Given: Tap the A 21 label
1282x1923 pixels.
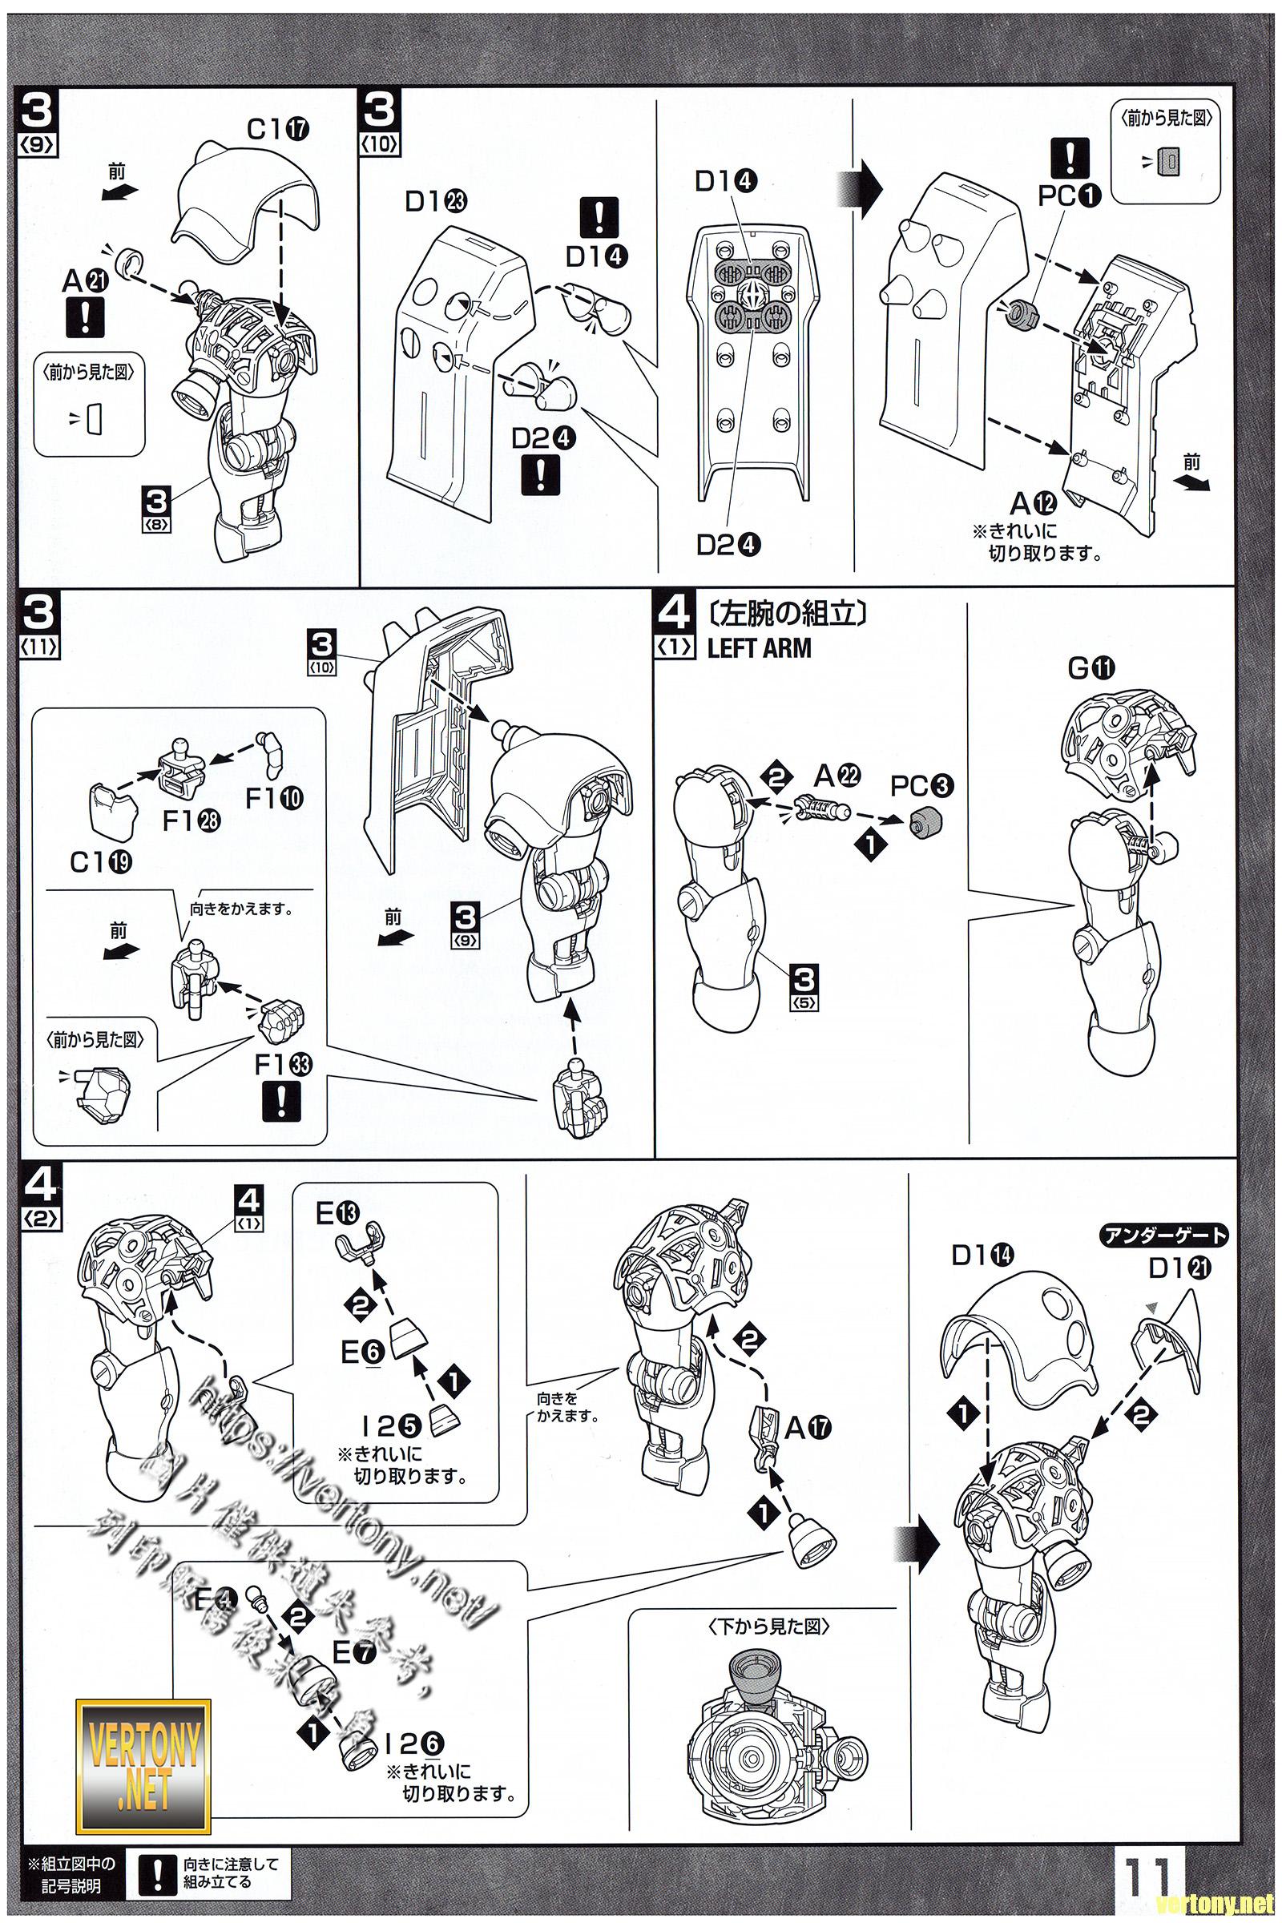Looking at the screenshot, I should click(x=85, y=282).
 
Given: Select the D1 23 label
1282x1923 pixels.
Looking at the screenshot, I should click(x=435, y=201).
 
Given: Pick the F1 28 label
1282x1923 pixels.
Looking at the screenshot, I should click(x=191, y=820).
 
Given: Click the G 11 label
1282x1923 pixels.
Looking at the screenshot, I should click(x=1091, y=668).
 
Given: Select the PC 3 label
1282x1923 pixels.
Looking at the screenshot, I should click(x=922, y=786).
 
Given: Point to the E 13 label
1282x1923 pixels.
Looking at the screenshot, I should click(x=337, y=1214).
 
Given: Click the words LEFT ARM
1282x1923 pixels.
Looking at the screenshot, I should click(x=760, y=647).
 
